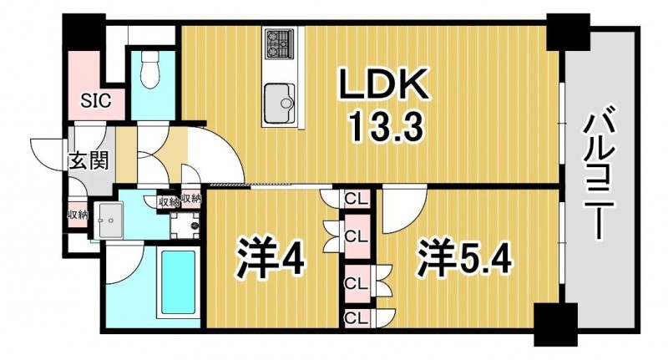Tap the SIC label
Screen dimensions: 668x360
tap(96, 101)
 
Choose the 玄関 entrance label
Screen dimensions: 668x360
tap(89, 161)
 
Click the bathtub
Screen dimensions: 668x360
tap(179, 282)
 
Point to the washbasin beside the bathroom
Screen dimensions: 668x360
tap(110, 221)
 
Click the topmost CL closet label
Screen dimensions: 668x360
tap(356, 199)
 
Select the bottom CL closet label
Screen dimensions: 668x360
tap(356, 317)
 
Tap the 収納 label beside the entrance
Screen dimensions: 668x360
tap(78, 215)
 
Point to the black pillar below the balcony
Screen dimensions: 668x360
tap(555, 324)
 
